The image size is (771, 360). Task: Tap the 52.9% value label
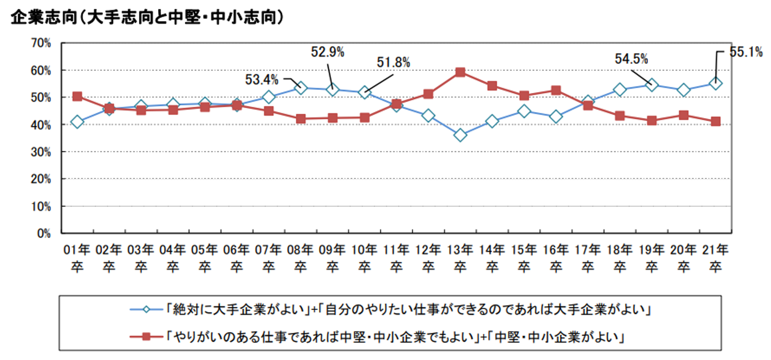coord(327,53)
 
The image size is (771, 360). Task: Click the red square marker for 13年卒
coord(460,72)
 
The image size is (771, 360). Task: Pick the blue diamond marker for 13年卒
coord(460,135)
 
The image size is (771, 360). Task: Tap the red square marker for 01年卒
coord(78,97)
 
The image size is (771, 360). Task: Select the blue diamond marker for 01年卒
coord(78,121)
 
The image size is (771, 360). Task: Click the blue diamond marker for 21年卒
coord(716,84)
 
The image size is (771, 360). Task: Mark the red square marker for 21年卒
coord(716,121)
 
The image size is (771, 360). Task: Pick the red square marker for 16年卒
coord(556,90)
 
